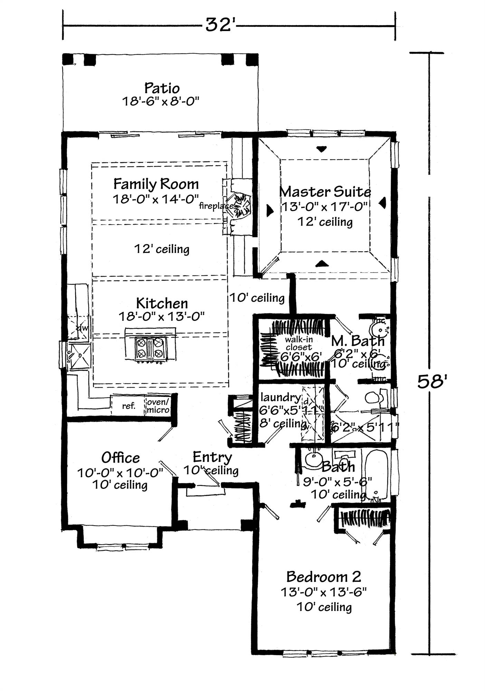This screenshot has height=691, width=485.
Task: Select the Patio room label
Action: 162,88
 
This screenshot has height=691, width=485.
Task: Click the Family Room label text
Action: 156,184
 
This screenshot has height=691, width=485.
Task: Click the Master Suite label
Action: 325,191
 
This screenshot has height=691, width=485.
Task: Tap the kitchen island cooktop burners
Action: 150,348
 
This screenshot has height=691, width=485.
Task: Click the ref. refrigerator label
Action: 129,406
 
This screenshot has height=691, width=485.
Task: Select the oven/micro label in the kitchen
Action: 158,406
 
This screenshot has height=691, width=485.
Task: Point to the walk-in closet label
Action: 299,343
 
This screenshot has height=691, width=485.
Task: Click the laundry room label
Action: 280,397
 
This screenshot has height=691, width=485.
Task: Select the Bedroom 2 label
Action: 324,577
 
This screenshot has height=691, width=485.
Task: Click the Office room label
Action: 121,458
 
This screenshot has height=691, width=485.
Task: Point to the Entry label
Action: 212,457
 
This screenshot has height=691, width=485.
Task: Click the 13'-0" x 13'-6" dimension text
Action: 323,593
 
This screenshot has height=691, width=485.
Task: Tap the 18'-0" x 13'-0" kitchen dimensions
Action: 162,316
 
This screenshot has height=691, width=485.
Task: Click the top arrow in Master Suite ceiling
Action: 322,149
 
